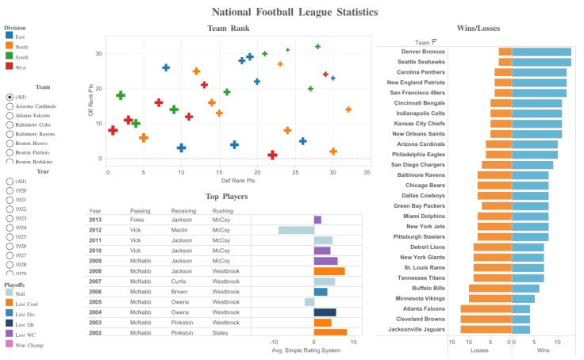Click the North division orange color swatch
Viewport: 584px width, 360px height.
click(9, 46)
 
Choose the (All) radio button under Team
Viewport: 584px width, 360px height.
click(10, 97)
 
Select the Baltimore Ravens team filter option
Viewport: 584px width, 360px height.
click(10, 134)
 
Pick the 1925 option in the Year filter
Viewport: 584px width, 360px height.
click(10, 228)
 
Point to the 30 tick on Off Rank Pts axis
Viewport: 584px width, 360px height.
click(99, 54)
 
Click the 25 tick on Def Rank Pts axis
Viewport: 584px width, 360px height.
click(293, 171)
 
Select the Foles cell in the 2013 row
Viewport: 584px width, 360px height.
click(139, 220)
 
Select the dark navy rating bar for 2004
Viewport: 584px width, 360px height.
click(325, 312)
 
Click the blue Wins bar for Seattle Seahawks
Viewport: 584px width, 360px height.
click(541, 62)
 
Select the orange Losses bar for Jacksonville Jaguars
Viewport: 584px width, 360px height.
click(486, 329)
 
